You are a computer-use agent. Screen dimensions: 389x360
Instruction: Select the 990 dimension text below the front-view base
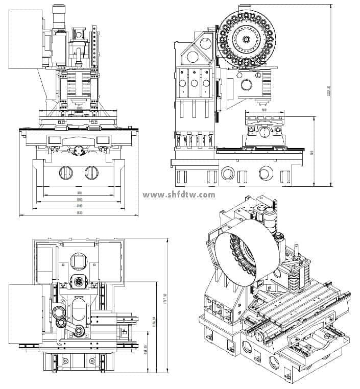(x=79, y=193)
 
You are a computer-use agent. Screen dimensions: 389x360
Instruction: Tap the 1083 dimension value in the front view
(x=79, y=200)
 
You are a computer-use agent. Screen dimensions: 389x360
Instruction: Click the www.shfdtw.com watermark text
(x=179, y=195)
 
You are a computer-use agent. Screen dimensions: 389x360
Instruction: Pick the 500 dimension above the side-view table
(x=263, y=110)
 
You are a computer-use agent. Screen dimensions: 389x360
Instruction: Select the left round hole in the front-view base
(x=66, y=173)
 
